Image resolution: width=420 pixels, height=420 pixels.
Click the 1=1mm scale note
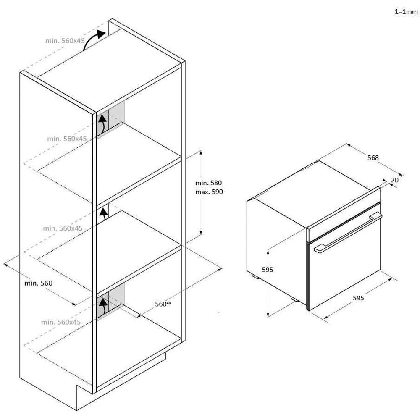click(x=406, y=11)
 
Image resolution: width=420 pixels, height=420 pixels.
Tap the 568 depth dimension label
click(x=373, y=158)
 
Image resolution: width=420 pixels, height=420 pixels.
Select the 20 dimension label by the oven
click(x=394, y=180)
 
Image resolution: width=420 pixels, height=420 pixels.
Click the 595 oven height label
click(x=267, y=270)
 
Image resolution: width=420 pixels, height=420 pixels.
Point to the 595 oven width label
click(x=358, y=298)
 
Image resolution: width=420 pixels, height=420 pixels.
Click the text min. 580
click(x=208, y=183)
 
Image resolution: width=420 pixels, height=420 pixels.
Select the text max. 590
click(x=209, y=192)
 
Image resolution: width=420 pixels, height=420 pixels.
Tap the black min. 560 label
click(x=38, y=283)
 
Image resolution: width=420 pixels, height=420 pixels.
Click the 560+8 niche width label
click(x=163, y=304)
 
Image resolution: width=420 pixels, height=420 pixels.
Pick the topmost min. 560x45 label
click(x=65, y=41)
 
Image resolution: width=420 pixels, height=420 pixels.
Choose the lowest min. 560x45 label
click(x=61, y=322)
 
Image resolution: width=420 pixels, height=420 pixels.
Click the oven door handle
click(x=348, y=232)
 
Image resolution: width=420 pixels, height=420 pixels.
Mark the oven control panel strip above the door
click(x=344, y=214)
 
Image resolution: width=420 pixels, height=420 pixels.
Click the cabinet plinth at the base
click(x=121, y=381)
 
